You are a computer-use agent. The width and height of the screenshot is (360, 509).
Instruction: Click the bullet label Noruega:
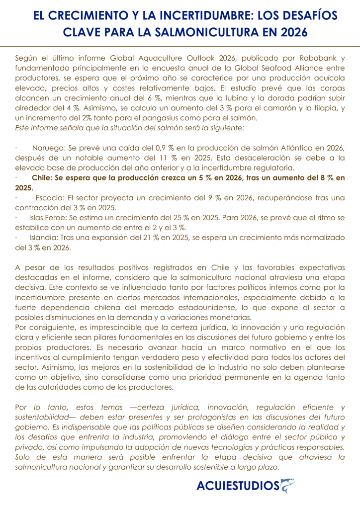[x=49, y=148]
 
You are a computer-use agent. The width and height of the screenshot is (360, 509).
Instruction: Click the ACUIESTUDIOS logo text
[x=238, y=486]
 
